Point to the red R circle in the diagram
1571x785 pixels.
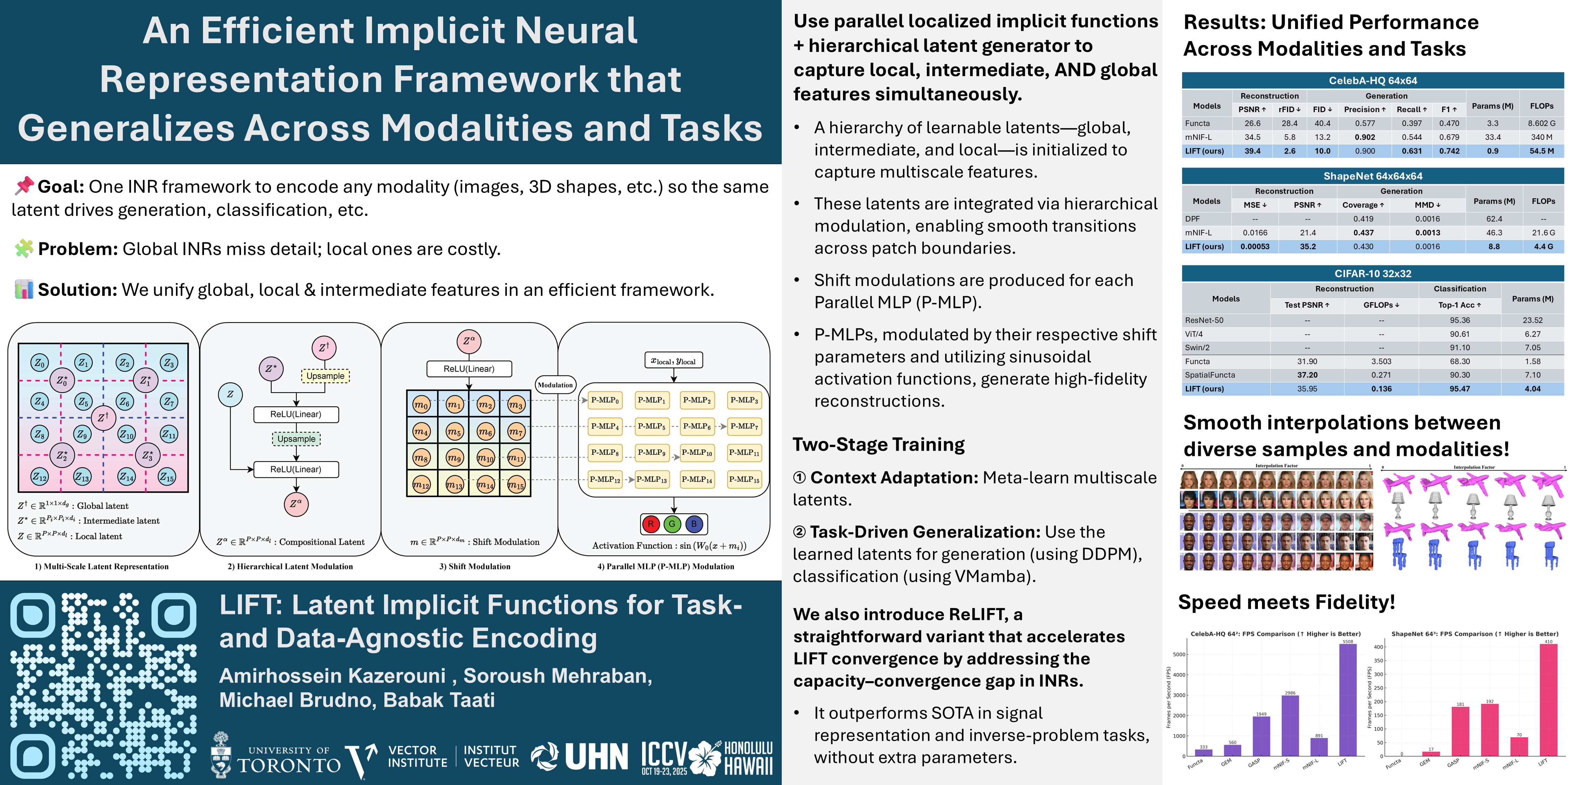tap(651, 524)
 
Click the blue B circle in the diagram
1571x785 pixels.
tap(693, 524)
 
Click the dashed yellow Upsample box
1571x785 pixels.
tap(325, 376)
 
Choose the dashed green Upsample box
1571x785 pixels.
tap(296, 439)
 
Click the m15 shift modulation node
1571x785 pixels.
tap(516, 485)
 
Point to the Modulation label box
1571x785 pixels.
tap(555, 385)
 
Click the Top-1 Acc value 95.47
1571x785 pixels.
tap(1459, 389)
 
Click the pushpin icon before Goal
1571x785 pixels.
tap(24, 186)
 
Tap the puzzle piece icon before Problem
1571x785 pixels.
tap(24, 248)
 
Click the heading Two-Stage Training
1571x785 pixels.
tap(878, 444)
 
